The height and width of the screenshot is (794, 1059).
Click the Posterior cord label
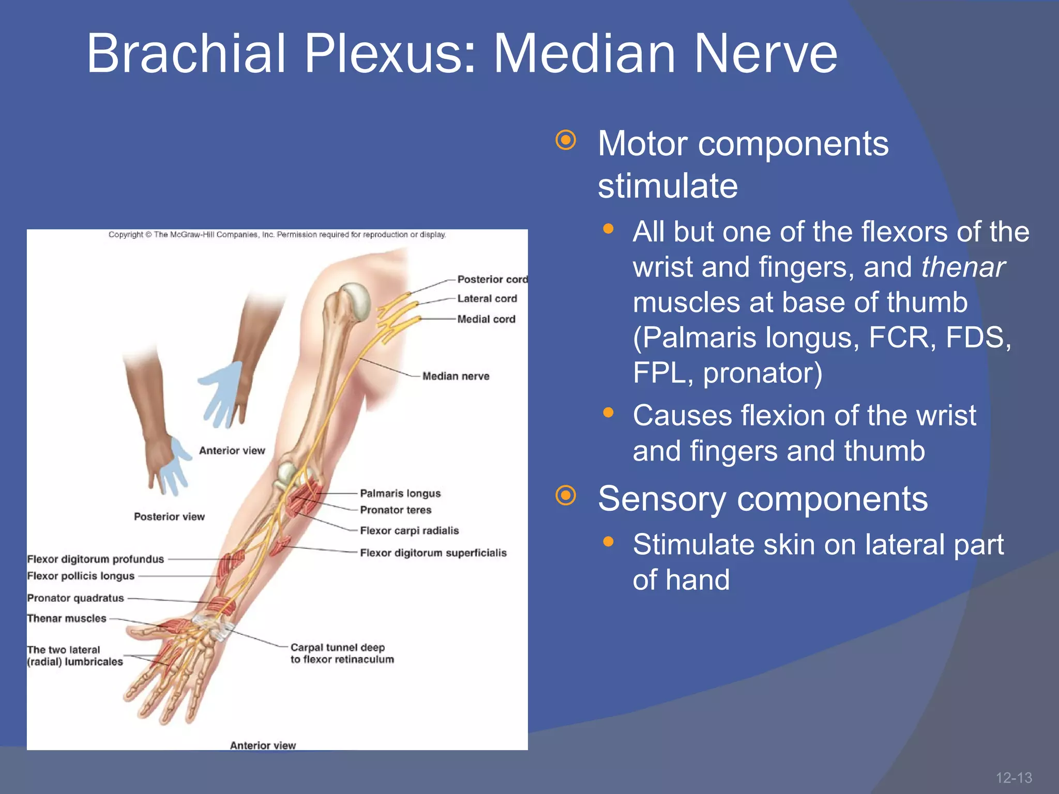click(x=492, y=279)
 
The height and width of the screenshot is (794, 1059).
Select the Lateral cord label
click(x=487, y=299)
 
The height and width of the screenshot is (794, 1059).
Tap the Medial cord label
click(x=486, y=319)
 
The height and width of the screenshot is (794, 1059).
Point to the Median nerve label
click(x=456, y=376)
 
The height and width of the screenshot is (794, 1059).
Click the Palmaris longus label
click(x=400, y=494)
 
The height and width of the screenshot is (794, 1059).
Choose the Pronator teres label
click(x=396, y=510)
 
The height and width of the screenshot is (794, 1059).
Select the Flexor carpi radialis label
click(x=409, y=531)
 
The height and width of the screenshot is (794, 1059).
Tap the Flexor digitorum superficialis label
click(x=433, y=553)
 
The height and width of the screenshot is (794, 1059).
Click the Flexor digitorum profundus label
click(x=95, y=559)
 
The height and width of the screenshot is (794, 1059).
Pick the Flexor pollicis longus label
click(x=81, y=576)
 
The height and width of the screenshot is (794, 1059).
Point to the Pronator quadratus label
click(x=75, y=598)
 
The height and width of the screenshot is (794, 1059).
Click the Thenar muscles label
click(x=67, y=619)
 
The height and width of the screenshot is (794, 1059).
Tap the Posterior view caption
click(x=169, y=517)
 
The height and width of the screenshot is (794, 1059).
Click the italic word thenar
click(x=962, y=267)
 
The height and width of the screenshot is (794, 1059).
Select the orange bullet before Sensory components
click(x=566, y=495)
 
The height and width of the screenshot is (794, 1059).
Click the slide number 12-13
click(x=1013, y=777)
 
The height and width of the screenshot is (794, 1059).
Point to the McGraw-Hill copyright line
click(x=277, y=235)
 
